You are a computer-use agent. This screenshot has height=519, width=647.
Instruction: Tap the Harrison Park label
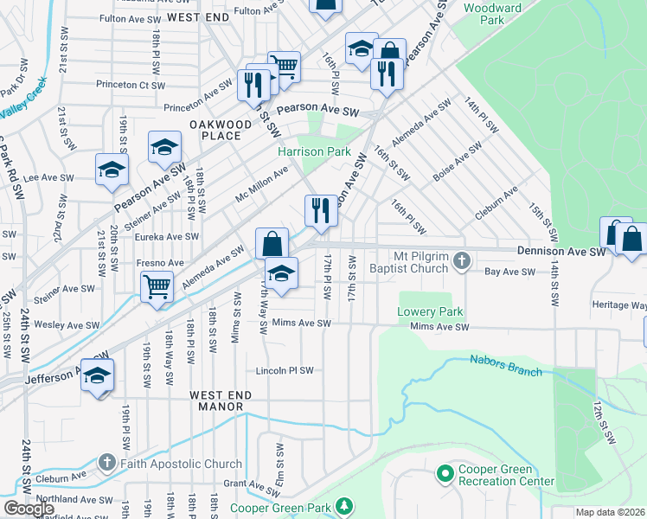click(x=314, y=151)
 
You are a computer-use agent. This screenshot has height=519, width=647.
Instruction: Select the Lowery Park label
click(x=431, y=311)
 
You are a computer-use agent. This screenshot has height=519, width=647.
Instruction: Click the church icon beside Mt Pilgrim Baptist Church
click(x=463, y=259)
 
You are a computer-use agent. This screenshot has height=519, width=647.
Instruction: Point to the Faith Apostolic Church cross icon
click(x=106, y=463)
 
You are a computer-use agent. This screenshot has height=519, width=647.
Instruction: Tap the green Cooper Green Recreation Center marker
click(x=445, y=474)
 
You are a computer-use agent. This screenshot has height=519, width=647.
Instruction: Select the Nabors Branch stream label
click(x=505, y=365)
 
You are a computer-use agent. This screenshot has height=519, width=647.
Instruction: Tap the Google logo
click(x=29, y=508)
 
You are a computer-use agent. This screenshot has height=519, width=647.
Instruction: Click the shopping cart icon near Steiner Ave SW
click(x=157, y=285)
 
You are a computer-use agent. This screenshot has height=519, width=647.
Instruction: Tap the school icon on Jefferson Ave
click(x=98, y=375)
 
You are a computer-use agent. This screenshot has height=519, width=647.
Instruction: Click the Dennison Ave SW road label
click(x=561, y=252)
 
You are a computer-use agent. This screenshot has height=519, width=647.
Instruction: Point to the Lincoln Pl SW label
click(x=284, y=370)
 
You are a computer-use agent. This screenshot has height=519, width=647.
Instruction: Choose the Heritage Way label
click(x=619, y=305)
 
